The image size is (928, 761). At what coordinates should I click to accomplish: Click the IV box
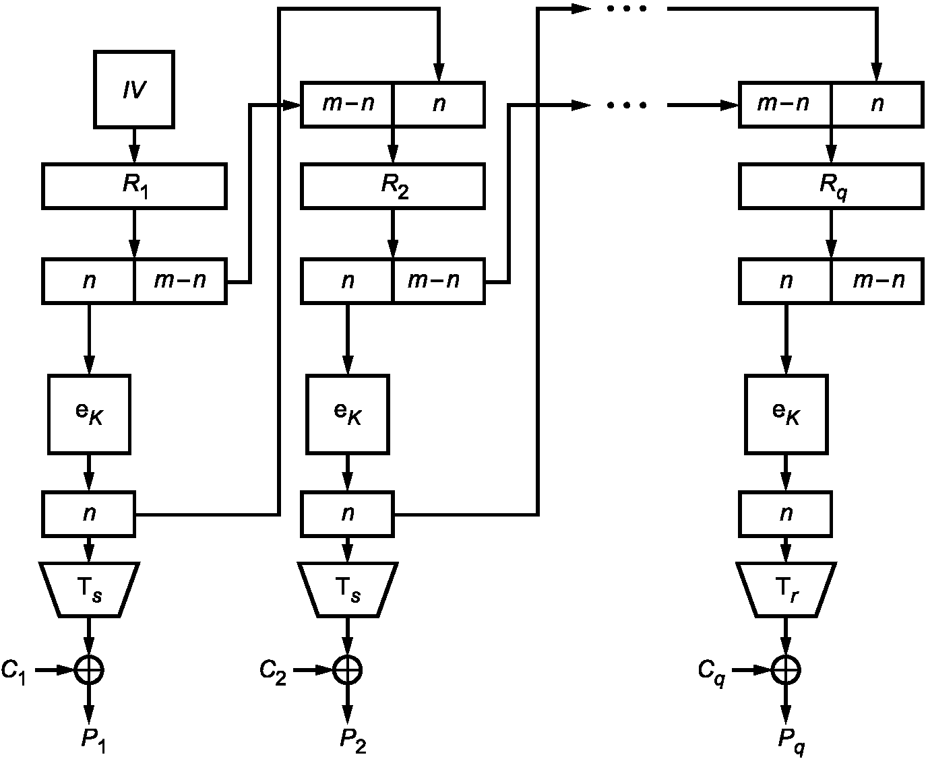(134, 90)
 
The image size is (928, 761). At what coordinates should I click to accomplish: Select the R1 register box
(135, 186)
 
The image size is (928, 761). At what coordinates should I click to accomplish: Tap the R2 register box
(393, 186)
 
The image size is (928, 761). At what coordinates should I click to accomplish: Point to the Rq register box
(831, 186)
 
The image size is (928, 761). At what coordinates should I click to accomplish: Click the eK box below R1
(90, 414)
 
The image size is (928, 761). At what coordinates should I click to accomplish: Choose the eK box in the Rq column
(786, 414)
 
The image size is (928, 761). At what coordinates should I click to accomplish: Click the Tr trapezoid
(786, 589)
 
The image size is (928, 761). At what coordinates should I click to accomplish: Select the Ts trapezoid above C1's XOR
(90, 589)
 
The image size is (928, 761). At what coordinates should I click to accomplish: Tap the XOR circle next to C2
(348, 671)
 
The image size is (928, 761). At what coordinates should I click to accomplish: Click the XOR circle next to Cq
(786, 671)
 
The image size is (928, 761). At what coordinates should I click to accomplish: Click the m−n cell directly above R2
(347, 104)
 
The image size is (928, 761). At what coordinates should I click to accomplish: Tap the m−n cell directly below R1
(181, 281)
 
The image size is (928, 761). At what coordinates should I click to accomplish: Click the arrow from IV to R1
(134, 146)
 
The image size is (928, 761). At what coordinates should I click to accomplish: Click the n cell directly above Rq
(878, 104)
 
